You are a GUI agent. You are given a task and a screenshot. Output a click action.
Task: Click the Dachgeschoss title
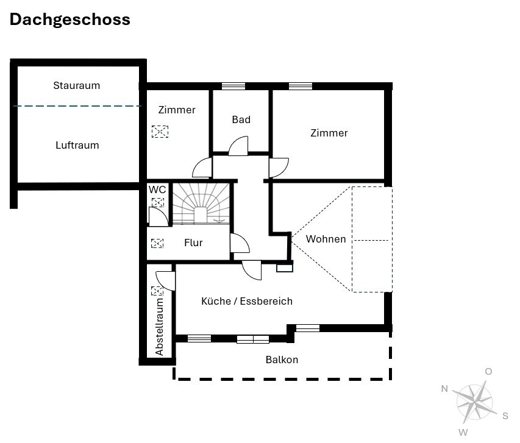70,20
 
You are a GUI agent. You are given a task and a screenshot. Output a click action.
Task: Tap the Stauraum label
77,85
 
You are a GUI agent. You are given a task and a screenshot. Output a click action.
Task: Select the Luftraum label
77,145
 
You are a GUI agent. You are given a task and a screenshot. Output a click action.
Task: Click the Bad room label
241,119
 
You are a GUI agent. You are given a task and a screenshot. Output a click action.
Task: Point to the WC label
157,190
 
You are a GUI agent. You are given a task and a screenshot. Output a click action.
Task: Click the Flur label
193,243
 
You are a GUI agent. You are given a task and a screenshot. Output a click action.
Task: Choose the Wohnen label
326,239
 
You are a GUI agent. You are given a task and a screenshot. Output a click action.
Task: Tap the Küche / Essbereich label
247,301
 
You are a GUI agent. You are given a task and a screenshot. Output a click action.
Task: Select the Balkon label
282,360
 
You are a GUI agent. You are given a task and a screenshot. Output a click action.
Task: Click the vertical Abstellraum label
160,327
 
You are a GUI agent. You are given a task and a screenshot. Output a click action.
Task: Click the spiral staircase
201,204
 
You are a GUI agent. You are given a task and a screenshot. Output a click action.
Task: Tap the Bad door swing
238,146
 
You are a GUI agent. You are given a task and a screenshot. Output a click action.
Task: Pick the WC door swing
158,217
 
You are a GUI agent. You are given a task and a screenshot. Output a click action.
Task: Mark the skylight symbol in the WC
158,202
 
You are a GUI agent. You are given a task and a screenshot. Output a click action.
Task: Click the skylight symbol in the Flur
157,243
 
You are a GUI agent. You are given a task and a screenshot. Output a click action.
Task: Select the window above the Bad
233,87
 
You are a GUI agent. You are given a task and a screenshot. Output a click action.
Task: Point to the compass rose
474,402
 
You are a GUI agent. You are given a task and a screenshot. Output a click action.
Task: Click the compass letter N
445,389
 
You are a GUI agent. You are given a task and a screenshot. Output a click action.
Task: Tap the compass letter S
505,416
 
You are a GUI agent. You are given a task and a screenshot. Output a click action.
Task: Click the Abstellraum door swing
165,281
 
